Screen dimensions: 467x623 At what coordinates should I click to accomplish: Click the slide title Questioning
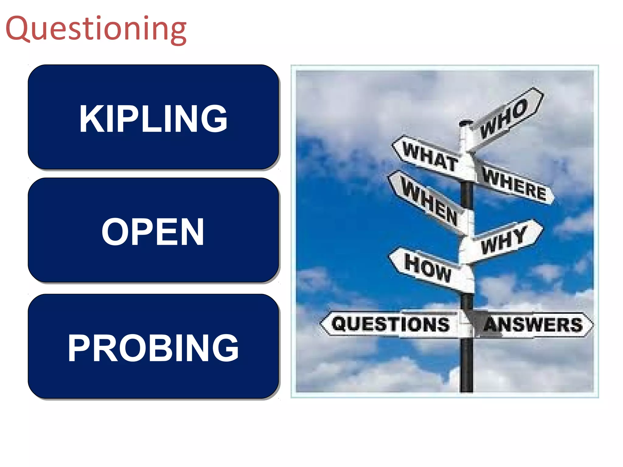pos(96,29)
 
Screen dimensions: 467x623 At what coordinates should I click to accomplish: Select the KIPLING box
pos(153,117)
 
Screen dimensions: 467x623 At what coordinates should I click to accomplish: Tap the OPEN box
pos(153,230)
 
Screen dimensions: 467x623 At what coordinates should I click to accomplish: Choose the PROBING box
pos(153,347)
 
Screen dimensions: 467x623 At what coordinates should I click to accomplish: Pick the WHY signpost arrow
pos(503,240)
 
